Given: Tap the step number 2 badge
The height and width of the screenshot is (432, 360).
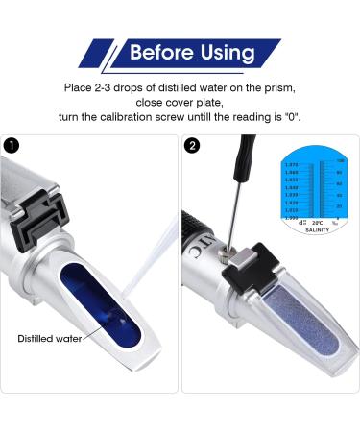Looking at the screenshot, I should (194, 148).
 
